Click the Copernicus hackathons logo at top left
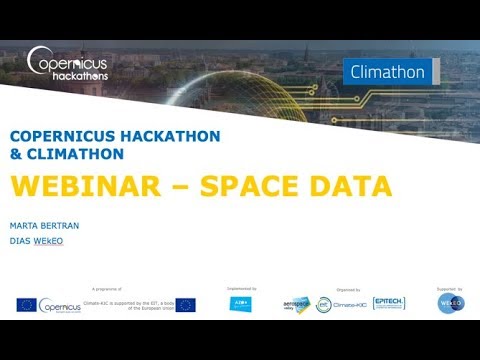tap(67, 64)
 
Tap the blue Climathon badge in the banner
tap(388, 73)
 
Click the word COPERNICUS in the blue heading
tap(66, 136)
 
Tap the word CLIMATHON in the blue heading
tap(80, 155)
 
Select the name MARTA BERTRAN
tap(45, 226)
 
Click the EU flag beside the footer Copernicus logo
tap(26, 305)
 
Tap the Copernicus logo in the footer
tap(60, 305)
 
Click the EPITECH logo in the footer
tap(388, 303)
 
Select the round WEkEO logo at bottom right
tap(451, 304)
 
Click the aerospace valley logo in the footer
tap(297, 304)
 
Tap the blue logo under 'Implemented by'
tap(240, 304)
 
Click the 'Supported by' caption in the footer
tap(449, 288)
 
